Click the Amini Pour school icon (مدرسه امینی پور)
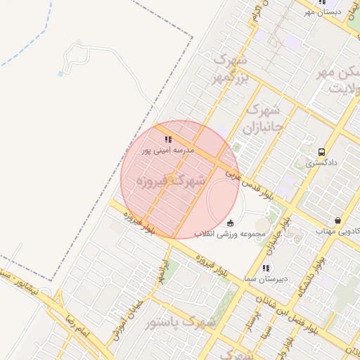point(168,139)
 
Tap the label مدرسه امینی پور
point(167,150)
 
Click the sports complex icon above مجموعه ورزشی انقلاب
point(231,223)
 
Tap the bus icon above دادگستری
point(322,152)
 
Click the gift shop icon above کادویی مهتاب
point(338,220)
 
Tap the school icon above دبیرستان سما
point(265,268)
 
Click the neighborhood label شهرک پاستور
point(180,322)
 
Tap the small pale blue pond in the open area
point(60,73)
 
